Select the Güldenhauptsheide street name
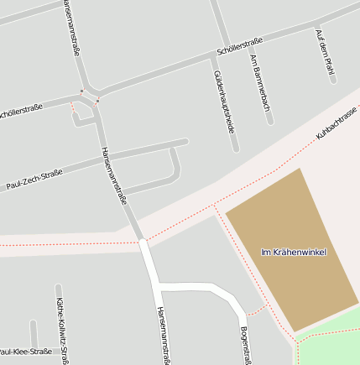click(223, 102)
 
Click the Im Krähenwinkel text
click(294, 252)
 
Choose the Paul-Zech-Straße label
click(34, 179)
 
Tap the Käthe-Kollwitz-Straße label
click(62, 327)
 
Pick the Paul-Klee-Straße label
click(25, 352)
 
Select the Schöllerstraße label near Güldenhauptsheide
click(240, 44)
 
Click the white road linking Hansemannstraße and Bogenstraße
click(197, 287)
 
